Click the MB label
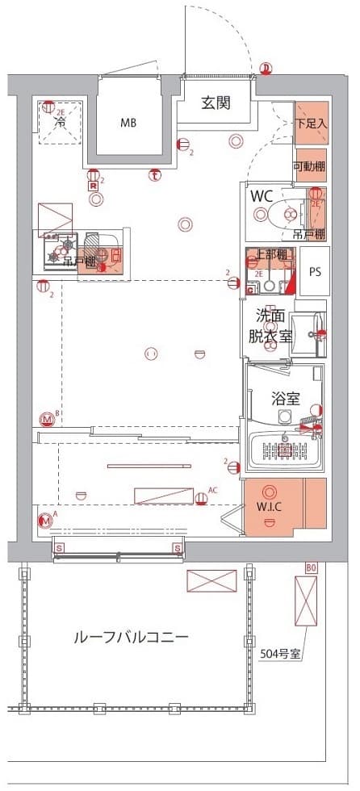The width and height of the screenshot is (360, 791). (x=129, y=123)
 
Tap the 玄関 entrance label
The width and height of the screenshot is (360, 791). (x=216, y=103)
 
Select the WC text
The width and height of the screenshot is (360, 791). (x=263, y=196)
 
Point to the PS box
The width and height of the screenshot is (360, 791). (x=314, y=271)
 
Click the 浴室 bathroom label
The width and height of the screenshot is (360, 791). (x=285, y=398)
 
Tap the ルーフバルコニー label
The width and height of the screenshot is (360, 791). (x=131, y=637)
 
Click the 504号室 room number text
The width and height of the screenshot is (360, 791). (x=281, y=654)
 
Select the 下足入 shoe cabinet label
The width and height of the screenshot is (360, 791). (x=311, y=123)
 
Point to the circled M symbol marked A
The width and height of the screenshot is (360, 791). (x=46, y=521)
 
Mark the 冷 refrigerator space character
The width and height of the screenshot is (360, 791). (x=60, y=123)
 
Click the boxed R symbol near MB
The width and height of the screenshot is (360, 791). (x=94, y=185)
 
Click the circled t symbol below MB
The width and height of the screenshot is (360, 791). (x=154, y=174)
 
